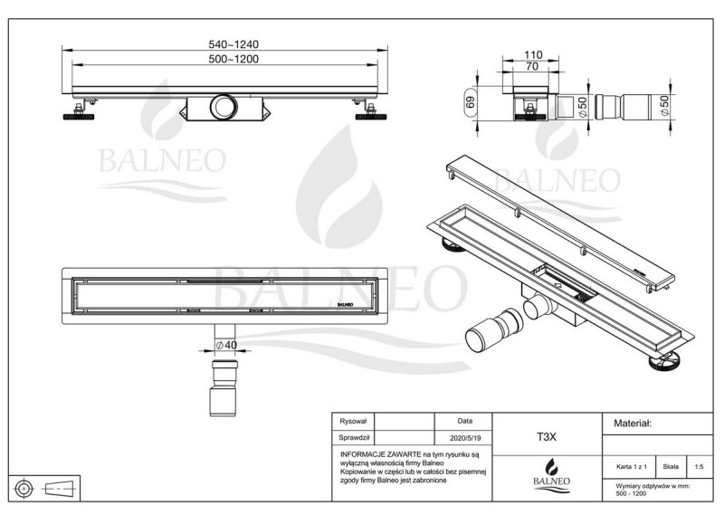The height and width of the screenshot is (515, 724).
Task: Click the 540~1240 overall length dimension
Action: click(220, 44)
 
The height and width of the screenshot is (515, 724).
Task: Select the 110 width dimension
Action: click(534, 55)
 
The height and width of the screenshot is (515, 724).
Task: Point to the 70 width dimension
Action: click(533, 67)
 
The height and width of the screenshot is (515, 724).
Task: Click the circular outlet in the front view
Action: click(222, 107)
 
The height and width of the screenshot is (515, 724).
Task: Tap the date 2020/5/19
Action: click(464, 435)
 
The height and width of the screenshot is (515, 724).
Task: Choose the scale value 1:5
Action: click(698, 467)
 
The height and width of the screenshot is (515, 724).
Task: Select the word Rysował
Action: click(352, 421)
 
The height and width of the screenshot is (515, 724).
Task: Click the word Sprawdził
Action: click(354, 435)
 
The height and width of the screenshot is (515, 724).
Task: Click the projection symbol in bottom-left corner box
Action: click(38, 489)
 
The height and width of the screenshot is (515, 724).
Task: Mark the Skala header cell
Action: click(671, 467)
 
